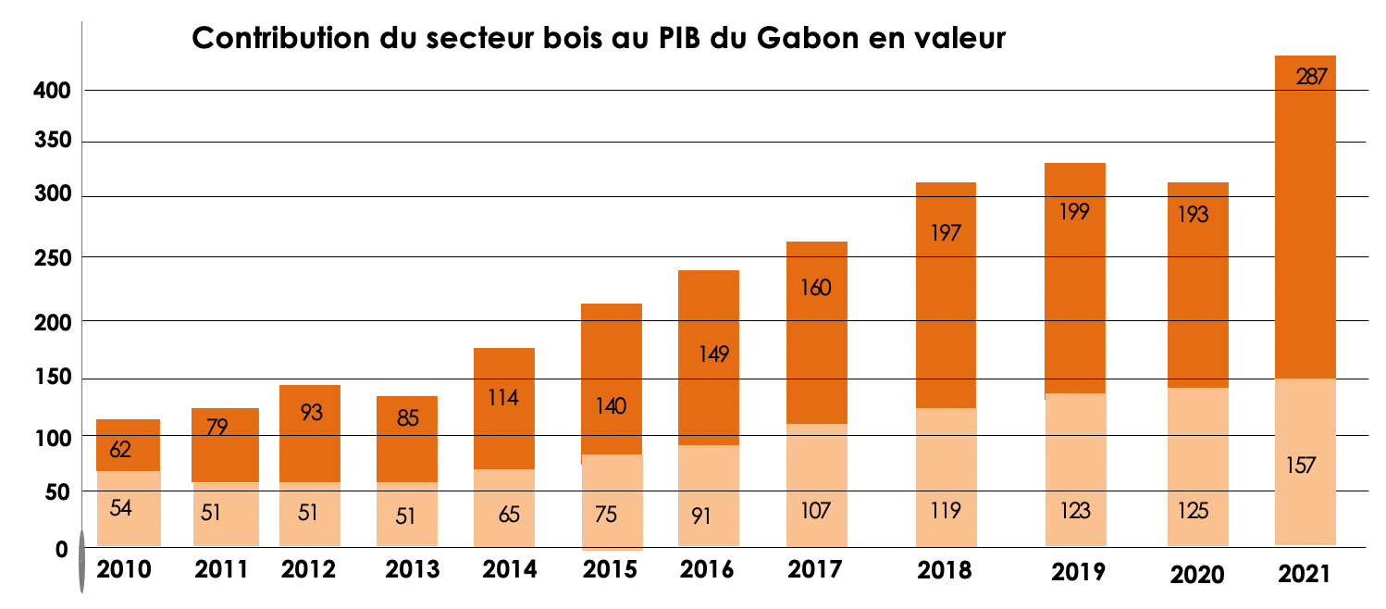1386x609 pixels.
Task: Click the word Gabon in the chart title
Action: (803, 39)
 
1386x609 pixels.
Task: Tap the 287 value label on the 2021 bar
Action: (1311, 78)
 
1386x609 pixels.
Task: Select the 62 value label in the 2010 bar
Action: (120, 451)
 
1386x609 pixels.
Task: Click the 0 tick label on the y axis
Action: (62, 550)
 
